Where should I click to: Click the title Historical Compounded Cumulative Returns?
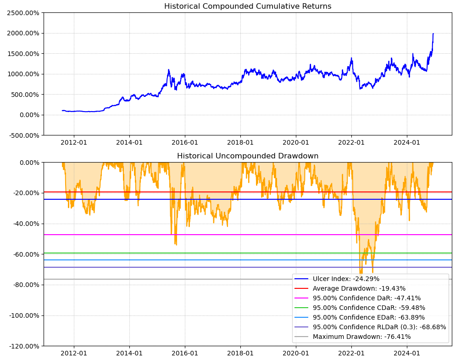click(248, 6)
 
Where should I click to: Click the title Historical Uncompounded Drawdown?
click(248, 156)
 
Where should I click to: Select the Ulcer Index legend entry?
click(346, 279)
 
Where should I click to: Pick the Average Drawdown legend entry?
click(359, 288)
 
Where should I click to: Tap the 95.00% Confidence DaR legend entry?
click(367, 298)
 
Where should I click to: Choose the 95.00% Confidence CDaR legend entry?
click(369, 308)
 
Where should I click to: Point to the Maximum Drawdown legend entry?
click(361, 337)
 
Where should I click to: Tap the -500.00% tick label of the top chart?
click(23, 135)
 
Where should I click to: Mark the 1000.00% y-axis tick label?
click(23, 74)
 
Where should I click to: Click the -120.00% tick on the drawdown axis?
click(23, 346)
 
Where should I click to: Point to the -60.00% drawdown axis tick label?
click(25, 254)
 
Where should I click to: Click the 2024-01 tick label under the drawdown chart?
click(407, 354)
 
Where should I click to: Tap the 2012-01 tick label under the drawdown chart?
click(74, 354)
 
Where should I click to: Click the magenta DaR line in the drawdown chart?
click(138, 235)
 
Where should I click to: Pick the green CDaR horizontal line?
click(138, 253)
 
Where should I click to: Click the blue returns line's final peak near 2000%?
click(433, 34)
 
